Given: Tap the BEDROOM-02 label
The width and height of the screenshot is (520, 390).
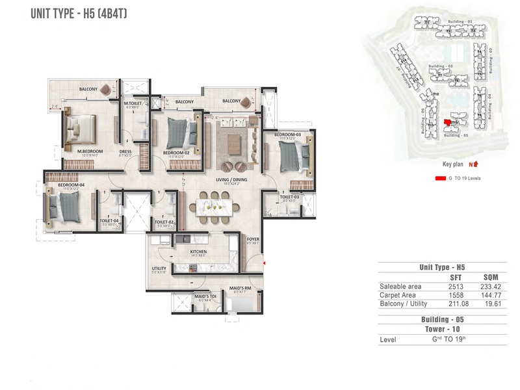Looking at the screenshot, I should (177, 152).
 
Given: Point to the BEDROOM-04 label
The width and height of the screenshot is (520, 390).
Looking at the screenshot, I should (68, 185).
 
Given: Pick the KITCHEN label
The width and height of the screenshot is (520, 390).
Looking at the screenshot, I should (198, 252).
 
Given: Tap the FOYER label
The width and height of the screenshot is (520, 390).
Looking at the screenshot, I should (253, 239).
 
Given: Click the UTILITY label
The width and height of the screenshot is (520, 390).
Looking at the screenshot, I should (160, 268).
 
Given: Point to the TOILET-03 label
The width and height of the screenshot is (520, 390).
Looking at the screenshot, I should (289, 196).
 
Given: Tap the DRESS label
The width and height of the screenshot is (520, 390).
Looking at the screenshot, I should (125, 151).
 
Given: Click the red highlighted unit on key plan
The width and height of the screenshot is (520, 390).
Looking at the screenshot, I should (447, 122).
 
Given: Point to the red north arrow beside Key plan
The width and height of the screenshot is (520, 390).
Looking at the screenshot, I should (476, 164).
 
